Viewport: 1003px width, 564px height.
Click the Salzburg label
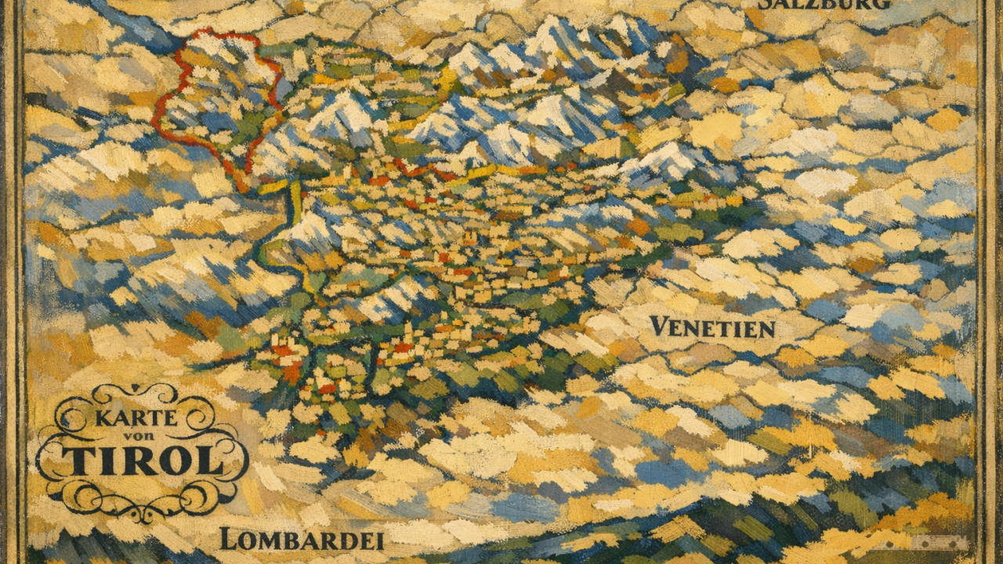[x=824, y=4]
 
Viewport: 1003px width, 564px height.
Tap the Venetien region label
[x=712, y=327]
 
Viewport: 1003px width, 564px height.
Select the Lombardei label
[x=302, y=539]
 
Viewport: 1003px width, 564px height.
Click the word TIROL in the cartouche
[x=142, y=462]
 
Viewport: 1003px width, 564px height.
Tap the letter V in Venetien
[x=660, y=326]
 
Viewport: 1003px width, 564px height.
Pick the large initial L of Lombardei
[x=226, y=538]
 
